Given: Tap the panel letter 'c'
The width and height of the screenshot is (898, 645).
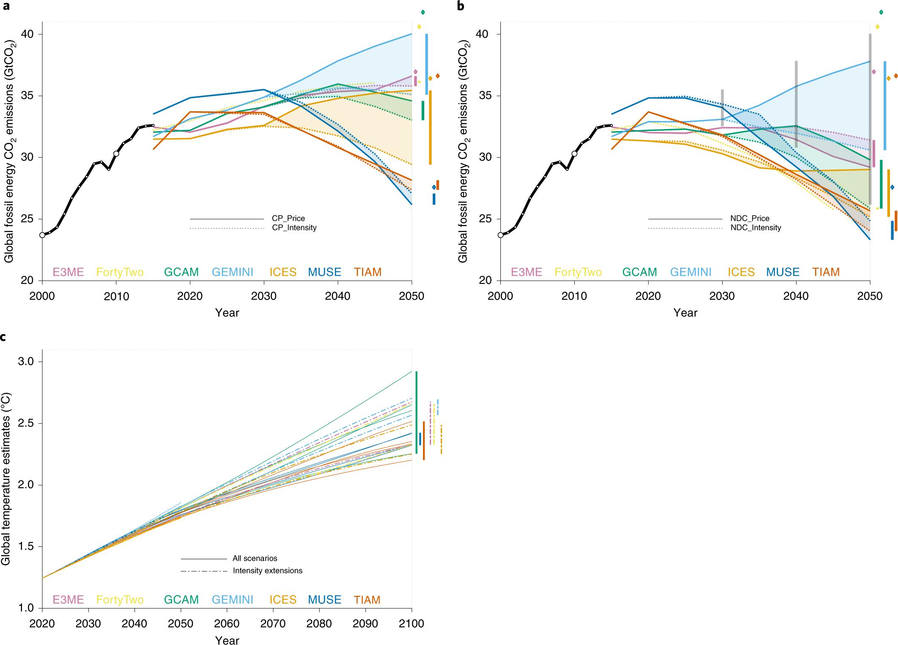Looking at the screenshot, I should pos(3,337).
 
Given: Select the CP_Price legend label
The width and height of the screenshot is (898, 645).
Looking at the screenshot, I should pos(288,218).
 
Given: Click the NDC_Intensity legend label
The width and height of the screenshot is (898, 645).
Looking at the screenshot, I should pos(755,228).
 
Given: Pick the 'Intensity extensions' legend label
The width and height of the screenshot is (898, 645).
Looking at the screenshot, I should pos(267,571).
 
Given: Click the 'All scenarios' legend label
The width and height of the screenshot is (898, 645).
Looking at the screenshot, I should pos(255,558).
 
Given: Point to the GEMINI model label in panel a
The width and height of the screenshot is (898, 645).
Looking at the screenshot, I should pos(232,272).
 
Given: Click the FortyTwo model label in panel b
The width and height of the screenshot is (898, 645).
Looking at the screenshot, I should pos(578,272).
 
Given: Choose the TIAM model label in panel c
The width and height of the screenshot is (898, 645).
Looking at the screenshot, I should pos(367,600).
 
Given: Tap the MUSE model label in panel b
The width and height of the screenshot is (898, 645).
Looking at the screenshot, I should pos(783,272).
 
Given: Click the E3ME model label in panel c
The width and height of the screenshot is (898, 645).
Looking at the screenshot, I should pos(68,600).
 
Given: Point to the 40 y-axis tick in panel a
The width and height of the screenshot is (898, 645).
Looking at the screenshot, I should pos(27,34).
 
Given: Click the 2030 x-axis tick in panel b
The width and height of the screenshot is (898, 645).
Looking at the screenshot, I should pos(722,296).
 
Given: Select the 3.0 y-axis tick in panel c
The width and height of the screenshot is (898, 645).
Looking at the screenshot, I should pos(26,361).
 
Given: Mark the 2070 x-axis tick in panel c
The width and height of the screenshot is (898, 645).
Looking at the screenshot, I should pos(273,623).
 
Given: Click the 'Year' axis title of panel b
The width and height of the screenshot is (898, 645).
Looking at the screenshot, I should pos(685,313).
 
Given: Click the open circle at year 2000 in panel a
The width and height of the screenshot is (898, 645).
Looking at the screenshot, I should pos(42,235).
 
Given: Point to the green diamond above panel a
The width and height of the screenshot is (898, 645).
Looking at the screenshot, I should pos(423,12).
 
